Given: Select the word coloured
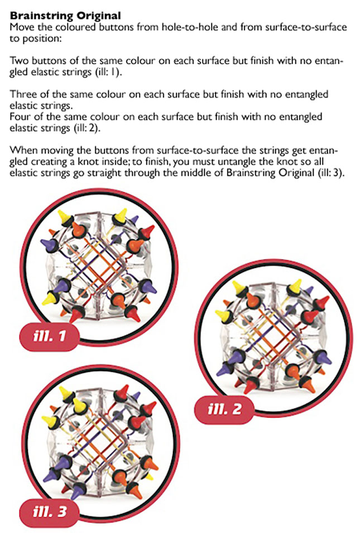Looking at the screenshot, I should click(x=69, y=27).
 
